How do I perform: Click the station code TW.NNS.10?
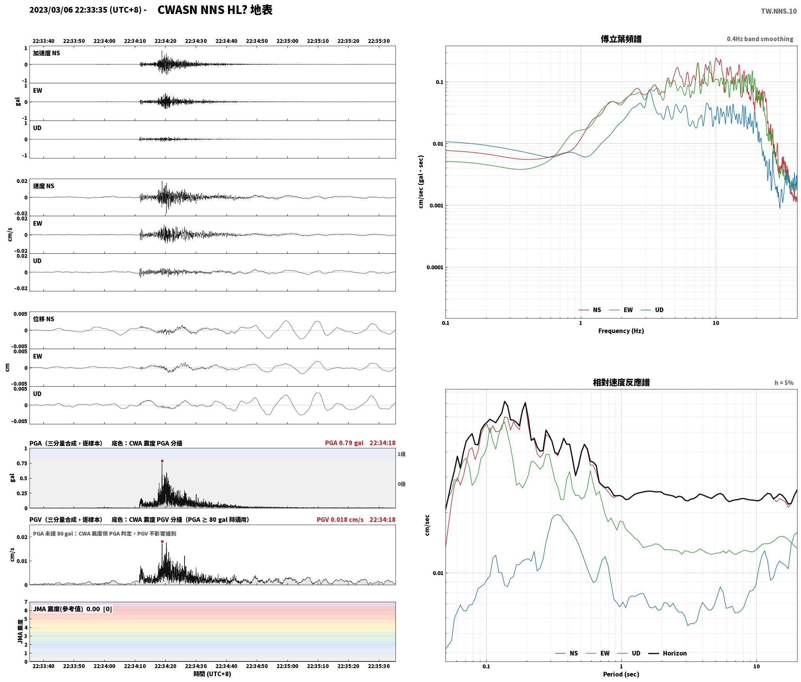tap(779, 11)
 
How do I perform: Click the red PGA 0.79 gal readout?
tap(344, 443)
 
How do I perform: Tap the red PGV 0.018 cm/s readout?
tap(340, 520)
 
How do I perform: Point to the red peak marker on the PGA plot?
tap(162, 461)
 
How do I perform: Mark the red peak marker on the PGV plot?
tap(162, 542)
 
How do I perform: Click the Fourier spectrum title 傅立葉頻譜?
tap(621, 39)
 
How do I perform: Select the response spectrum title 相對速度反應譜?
tap(621, 382)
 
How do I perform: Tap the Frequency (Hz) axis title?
tap(621, 331)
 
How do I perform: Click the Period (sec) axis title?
tap(621, 674)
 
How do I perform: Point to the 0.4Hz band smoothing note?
tap(760, 39)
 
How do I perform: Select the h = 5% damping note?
tap(784, 383)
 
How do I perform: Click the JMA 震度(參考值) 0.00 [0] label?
tap(73, 609)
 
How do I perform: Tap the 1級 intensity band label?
tap(401, 454)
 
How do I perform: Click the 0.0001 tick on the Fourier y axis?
tap(434, 267)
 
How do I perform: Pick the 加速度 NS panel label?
tap(47, 53)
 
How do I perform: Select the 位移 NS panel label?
tap(43, 319)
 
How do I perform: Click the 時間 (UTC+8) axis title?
tap(212, 674)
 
